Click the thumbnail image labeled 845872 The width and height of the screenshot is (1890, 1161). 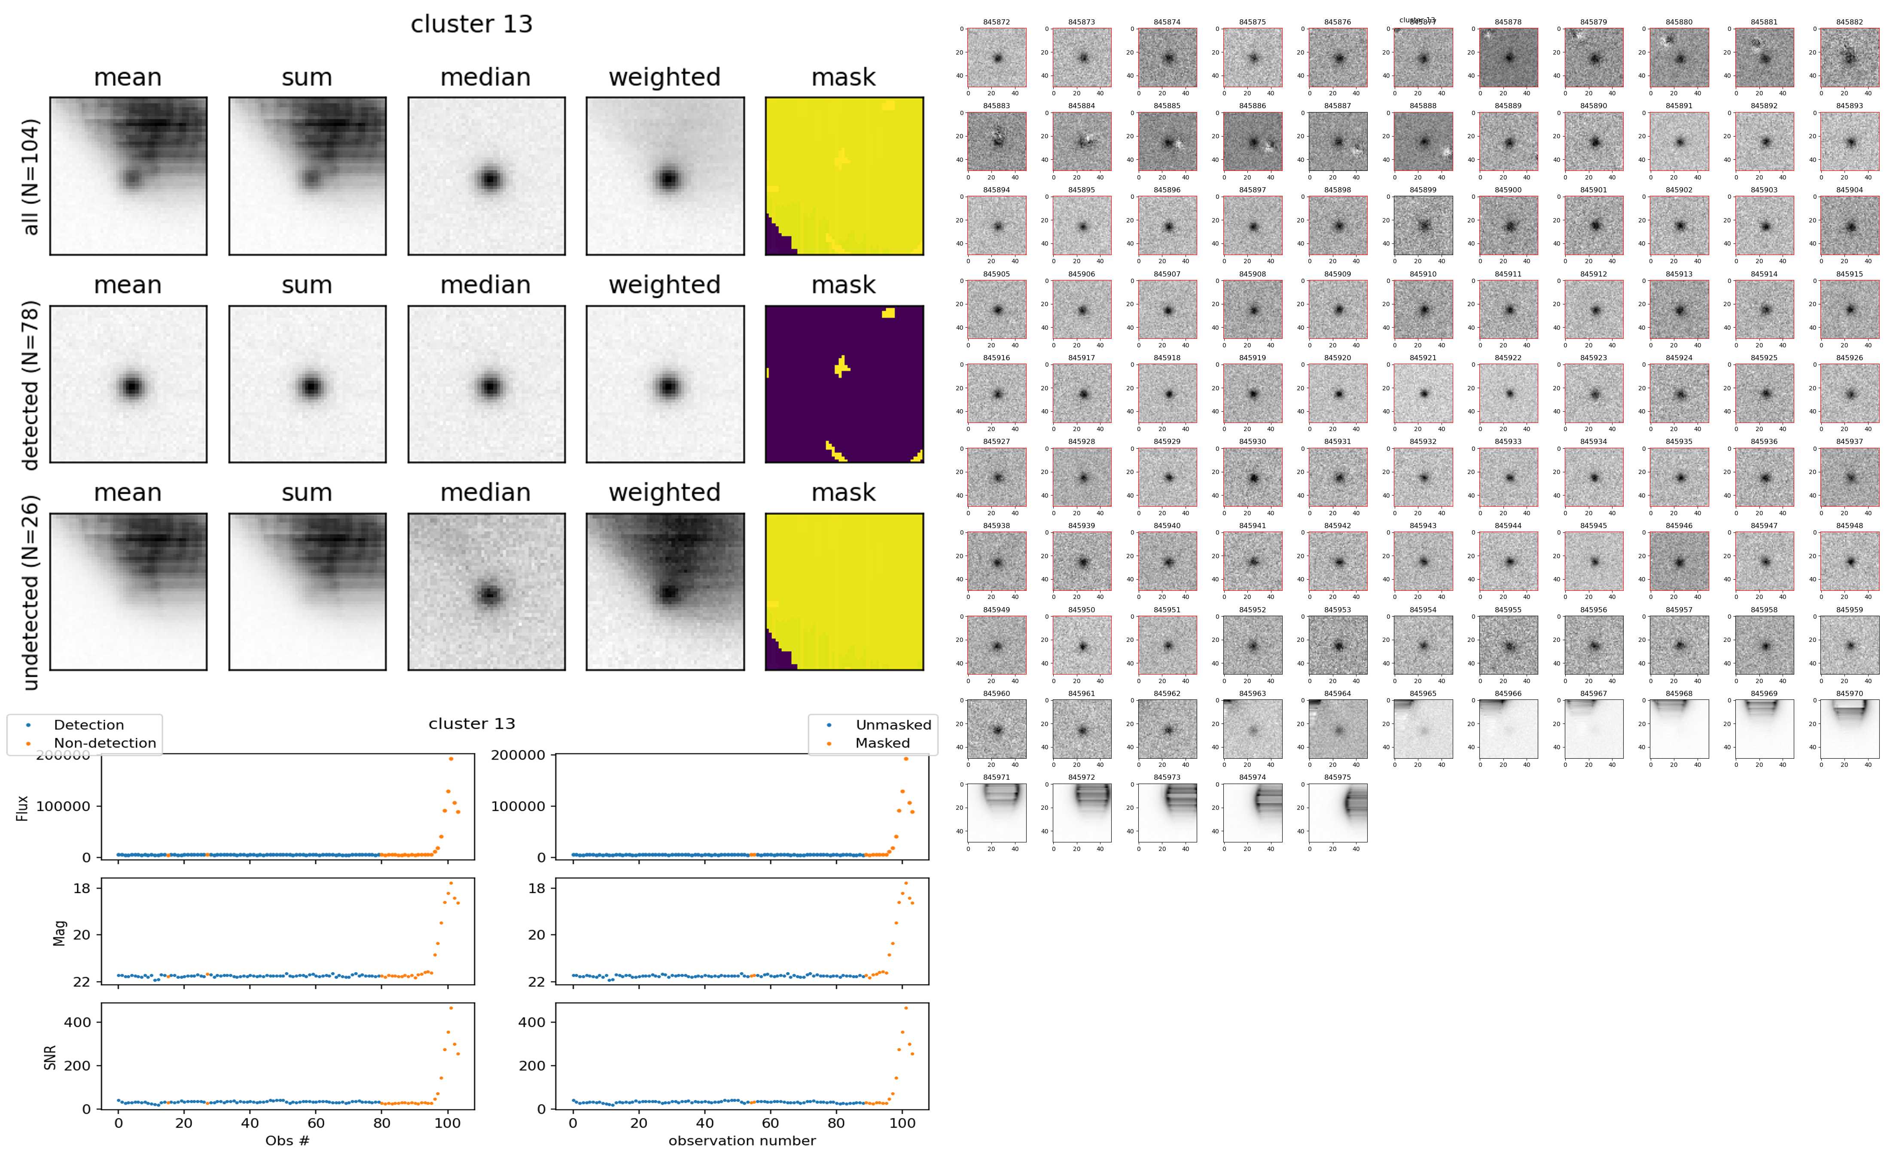(x=997, y=58)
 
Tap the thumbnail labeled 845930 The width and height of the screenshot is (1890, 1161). (x=1253, y=477)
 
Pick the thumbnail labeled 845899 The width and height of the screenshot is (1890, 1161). (x=1423, y=225)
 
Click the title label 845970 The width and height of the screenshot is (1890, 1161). (x=1849, y=693)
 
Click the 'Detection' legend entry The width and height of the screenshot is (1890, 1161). (x=88, y=725)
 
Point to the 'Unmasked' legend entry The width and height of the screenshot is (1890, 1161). (x=893, y=725)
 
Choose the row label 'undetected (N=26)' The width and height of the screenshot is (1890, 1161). (x=30, y=593)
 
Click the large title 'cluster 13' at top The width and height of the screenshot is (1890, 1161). (x=472, y=24)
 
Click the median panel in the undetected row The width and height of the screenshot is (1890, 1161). (x=486, y=592)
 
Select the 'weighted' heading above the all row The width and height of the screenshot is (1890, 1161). (x=665, y=78)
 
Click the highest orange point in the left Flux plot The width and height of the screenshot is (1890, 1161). (x=451, y=759)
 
